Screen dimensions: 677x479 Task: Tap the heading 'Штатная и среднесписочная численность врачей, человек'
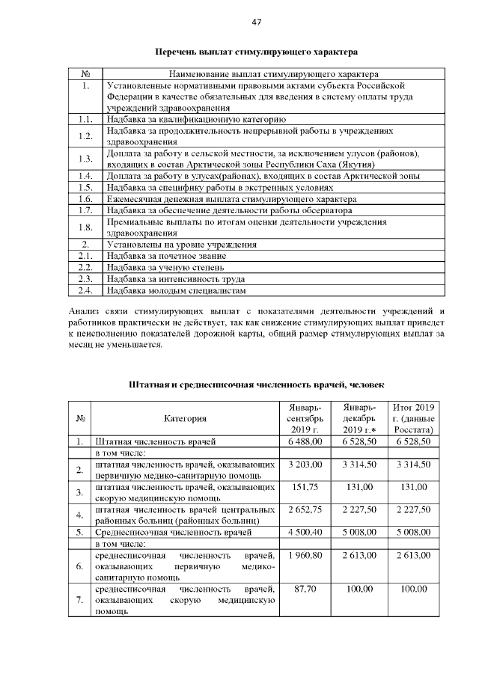[x=257, y=385]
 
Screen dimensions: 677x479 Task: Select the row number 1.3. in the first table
[x=85, y=159]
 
